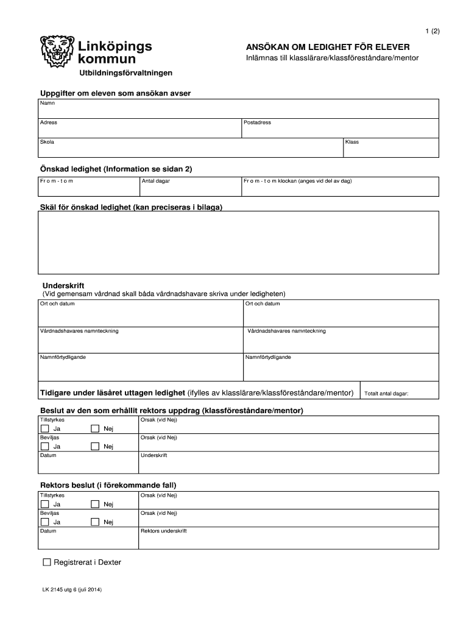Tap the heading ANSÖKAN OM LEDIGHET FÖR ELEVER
coord(328,47)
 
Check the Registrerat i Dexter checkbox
coord(48,562)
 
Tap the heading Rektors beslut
coord(108,485)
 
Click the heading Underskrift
coord(63,285)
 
